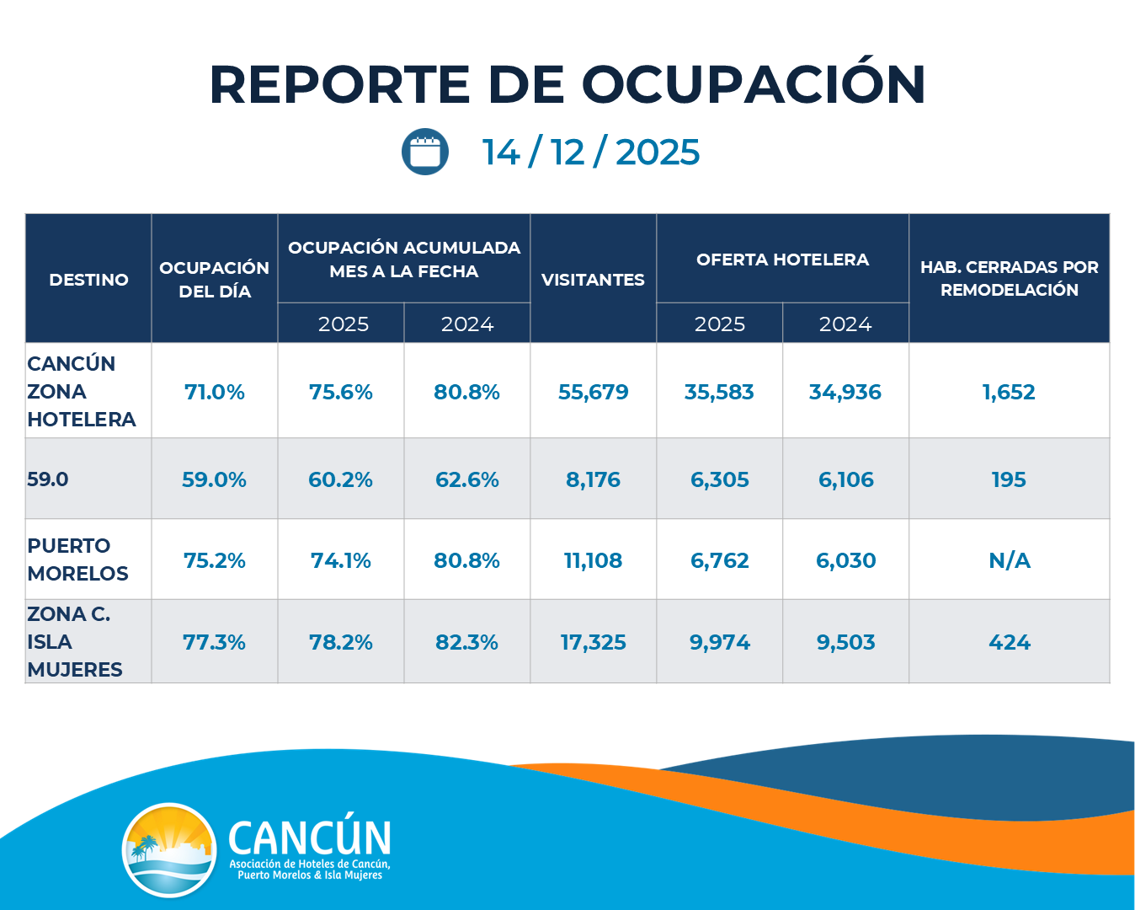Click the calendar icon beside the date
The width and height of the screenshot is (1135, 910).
425,153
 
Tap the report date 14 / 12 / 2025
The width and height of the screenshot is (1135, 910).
590,153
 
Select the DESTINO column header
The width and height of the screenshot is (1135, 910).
88,280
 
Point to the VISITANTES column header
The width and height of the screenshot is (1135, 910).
593,280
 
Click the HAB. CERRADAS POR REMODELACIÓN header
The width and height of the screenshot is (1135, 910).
1009,278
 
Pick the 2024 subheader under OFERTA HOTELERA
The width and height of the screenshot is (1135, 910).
845,324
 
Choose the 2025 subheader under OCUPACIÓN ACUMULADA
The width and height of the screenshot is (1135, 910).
343,324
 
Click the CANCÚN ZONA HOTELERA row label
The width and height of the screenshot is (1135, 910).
81,391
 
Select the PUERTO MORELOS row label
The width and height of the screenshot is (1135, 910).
77,559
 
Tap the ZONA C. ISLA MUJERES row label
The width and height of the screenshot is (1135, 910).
74,642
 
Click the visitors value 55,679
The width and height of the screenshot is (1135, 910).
593,392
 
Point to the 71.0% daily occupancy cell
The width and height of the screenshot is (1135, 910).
215,392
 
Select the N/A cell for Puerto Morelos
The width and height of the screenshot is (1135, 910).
1009,560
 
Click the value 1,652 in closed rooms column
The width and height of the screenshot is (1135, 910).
1009,392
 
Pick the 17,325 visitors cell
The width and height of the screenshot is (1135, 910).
593,642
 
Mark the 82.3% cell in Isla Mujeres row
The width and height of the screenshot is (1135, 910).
466,642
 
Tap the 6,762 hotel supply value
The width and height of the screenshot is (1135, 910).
719,560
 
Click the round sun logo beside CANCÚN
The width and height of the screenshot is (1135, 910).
169,849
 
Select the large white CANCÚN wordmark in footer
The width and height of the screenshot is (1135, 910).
309,838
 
